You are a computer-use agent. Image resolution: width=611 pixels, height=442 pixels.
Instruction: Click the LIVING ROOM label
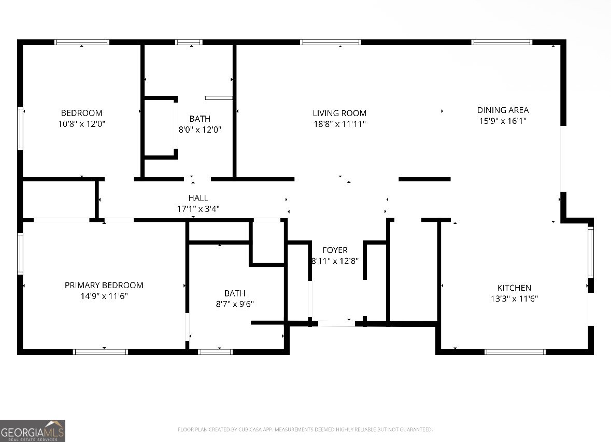pyautogui.click(x=339, y=113)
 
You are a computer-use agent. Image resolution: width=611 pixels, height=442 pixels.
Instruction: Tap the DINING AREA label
pyautogui.click(x=503, y=110)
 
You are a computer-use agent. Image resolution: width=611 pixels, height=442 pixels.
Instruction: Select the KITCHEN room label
pyautogui.click(x=514, y=288)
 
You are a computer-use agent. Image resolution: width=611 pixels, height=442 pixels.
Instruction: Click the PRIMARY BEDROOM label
pyautogui.click(x=104, y=285)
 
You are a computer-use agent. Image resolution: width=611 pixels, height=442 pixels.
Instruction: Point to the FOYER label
pyautogui.click(x=335, y=250)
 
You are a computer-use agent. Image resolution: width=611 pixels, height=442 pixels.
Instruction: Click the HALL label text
pyautogui.click(x=198, y=198)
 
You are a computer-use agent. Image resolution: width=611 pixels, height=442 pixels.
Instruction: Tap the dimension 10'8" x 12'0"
pyautogui.click(x=81, y=124)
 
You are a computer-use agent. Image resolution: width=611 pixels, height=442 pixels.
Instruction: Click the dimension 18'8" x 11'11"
pyautogui.click(x=339, y=124)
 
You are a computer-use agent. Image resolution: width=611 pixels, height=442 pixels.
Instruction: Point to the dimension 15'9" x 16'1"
pyautogui.click(x=503, y=121)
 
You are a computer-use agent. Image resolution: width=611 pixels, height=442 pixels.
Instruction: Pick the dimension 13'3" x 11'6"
pyautogui.click(x=514, y=299)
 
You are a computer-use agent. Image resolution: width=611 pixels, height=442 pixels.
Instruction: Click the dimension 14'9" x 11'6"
pyautogui.click(x=104, y=296)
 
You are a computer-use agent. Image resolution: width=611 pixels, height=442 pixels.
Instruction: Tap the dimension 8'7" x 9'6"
pyautogui.click(x=235, y=304)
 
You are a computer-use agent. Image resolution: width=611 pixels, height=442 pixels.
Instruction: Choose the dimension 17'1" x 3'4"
pyautogui.click(x=198, y=209)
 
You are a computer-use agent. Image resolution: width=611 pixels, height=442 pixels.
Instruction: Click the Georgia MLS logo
pyautogui.click(x=33, y=431)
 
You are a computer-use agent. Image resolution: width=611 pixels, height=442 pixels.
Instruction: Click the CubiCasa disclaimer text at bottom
pyautogui.click(x=305, y=430)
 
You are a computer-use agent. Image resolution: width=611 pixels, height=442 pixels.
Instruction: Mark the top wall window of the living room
pyautogui.click(x=331, y=42)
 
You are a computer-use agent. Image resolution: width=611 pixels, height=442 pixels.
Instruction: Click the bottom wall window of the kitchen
pyautogui.click(x=515, y=352)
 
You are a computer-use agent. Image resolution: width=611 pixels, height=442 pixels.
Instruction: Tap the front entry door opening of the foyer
pyautogui.click(x=336, y=323)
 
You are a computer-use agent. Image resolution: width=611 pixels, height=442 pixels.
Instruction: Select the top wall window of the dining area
pyautogui.click(x=502, y=42)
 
